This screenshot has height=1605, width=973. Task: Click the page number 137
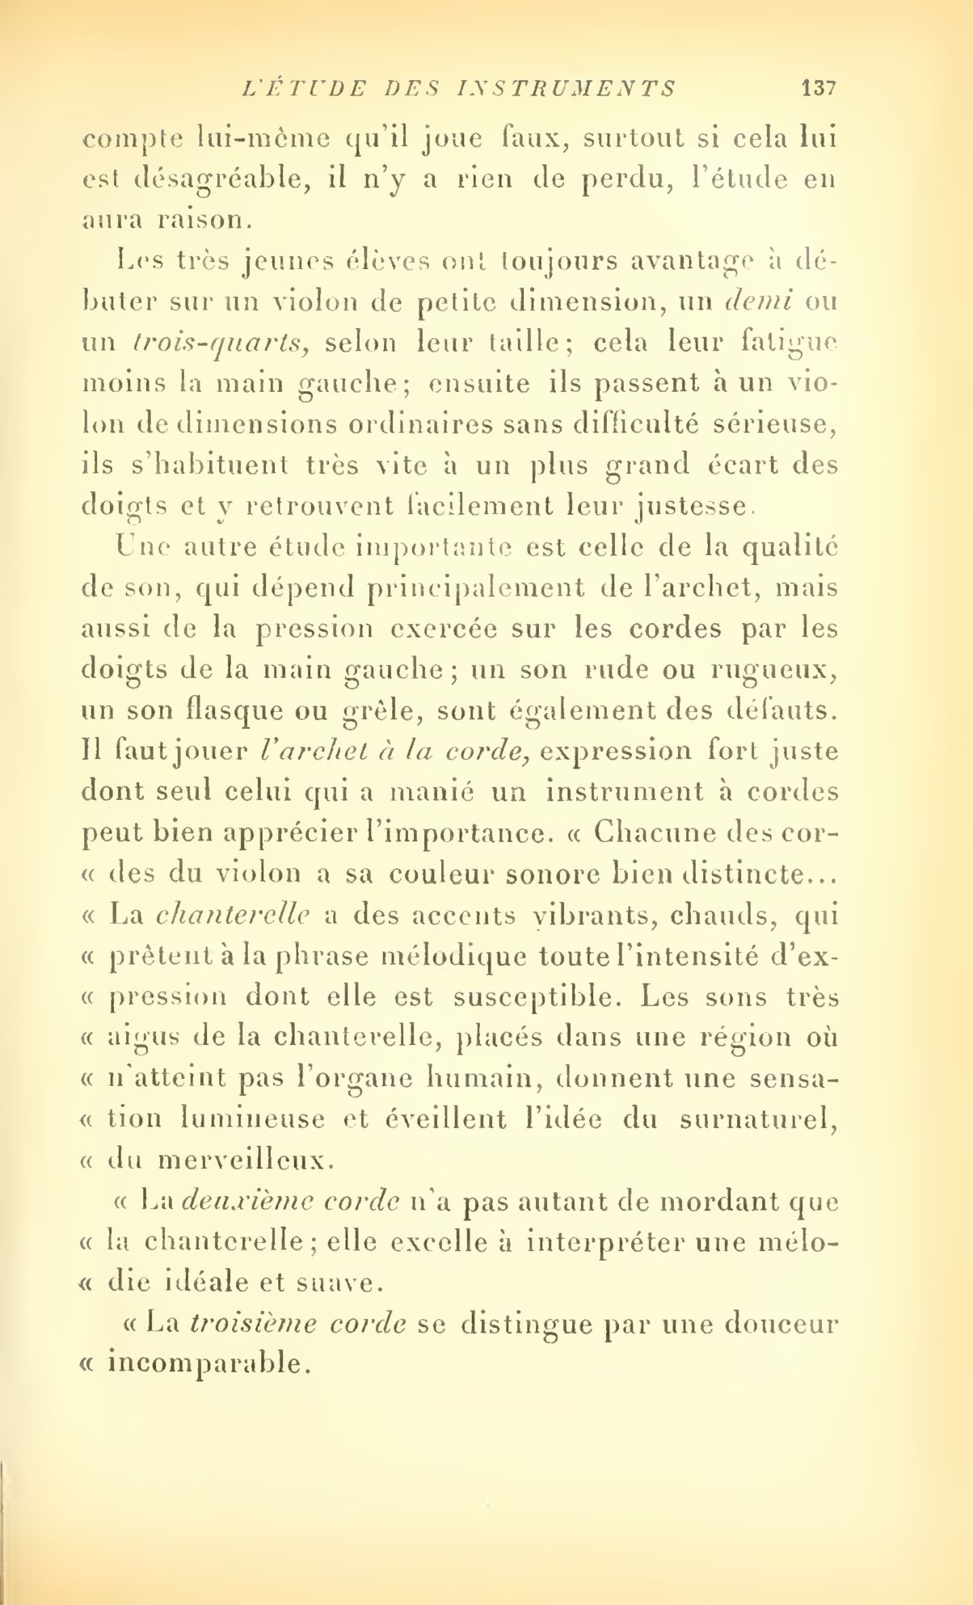click(817, 87)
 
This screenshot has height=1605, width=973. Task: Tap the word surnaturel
click(754, 1120)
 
